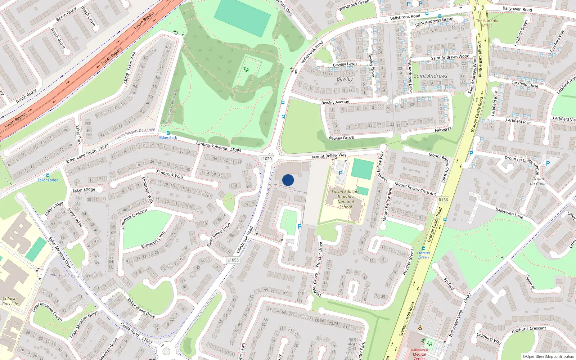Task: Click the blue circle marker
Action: pyautogui.click(x=288, y=180)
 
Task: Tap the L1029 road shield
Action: pyautogui.click(x=266, y=159)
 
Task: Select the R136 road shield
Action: pyautogui.click(x=443, y=200)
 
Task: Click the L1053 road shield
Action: pyautogui.click(x=233, y=260)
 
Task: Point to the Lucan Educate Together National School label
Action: pyautogui.click(x=346, y=199)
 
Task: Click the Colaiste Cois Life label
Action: pyautogui.click(x=10, y=301)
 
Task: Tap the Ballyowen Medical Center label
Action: pyautogui.click(x=419, y=354)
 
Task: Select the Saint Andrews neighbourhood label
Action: pyautogui.click(x=431, y=76)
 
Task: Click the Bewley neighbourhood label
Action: pyautogui.click(x=345, y=79)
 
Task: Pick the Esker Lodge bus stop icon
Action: pyautogui.click(x=48, y=175)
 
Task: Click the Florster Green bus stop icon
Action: pyautogui.click(x=424, y=248)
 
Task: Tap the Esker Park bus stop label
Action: pyautogui.click(x=168, y=138)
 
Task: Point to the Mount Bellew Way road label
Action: pyautogui.click(x=329, y=156)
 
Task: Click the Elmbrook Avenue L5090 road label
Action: pyautogui.click(x=218, y=147)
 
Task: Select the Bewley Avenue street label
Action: pyautogui.click(x=335, y=103)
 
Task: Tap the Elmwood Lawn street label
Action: pyautogui.click(x=153, y=240)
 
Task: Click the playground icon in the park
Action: pyautogui.click(x=246, y=69)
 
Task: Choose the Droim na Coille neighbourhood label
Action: pyautogui.click(x=538, y=181)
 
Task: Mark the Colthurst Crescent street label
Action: pyautogui.click(x=528, y=329)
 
